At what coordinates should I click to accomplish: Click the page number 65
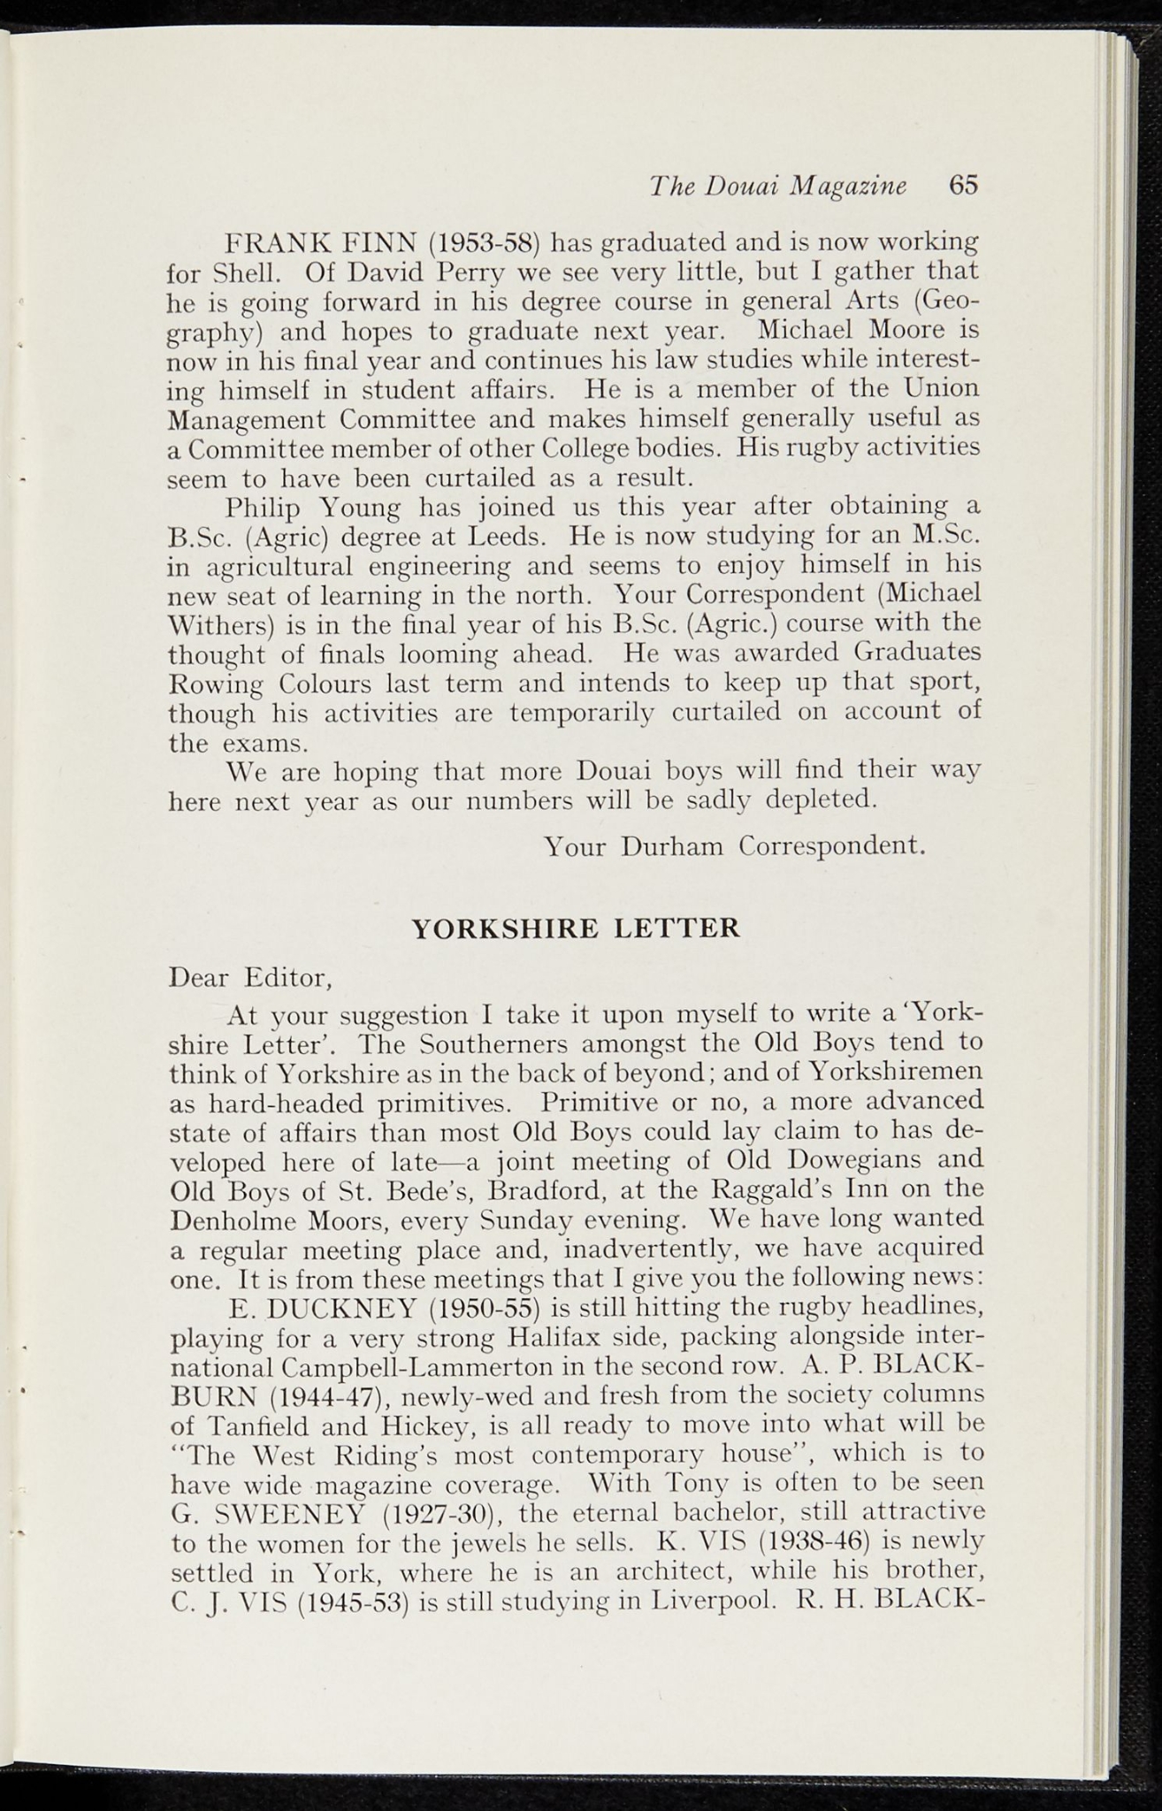pyautogui.click(x=964, y=185)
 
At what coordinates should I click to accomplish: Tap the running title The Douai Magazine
pyautogui.click(x=778, y=186)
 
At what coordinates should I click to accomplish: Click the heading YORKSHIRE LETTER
pyautogui.click(x=576, y=929)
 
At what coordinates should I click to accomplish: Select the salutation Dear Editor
pyautogui.click(x=249, y=978)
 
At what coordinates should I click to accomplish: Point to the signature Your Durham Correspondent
pyautogui.click(x=735, y=846)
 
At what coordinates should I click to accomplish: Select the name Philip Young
pyautogui.click(x=314, y=508)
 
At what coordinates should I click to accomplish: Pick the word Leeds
pyautogui.click(x=509, y=537)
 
